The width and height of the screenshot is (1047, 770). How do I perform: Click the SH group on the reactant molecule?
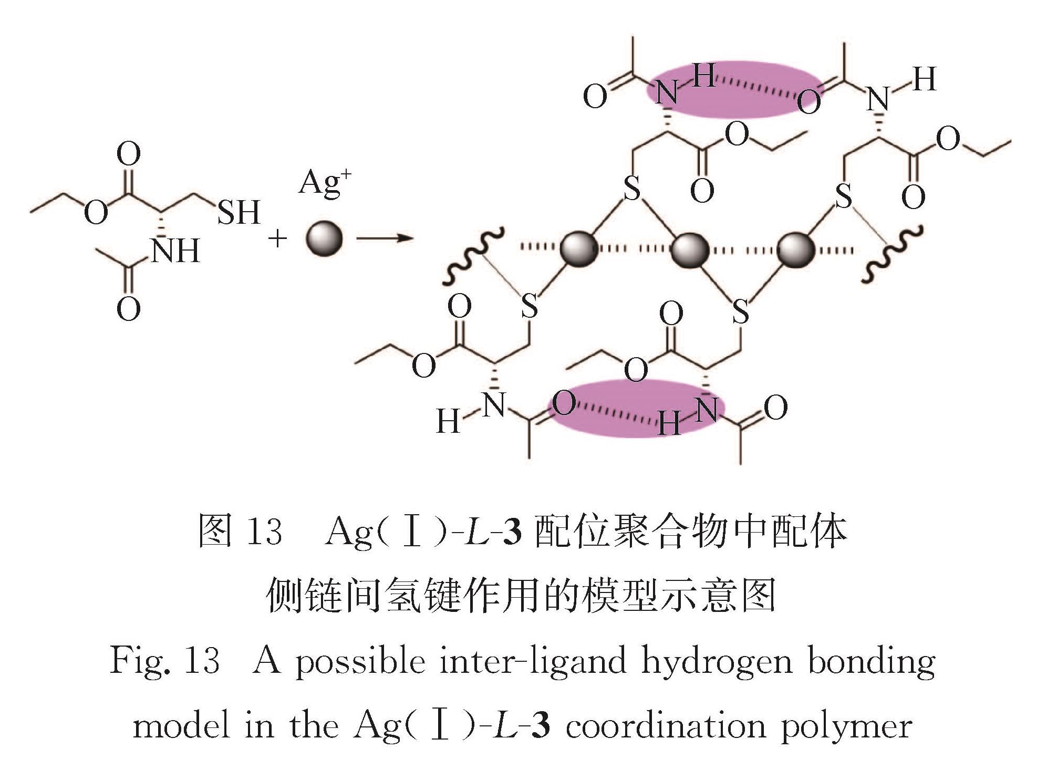[239, 212]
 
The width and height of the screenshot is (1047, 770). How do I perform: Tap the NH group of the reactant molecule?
[175, 251]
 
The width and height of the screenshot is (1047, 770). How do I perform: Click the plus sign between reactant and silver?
[277, 239]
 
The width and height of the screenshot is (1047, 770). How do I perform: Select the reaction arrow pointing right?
[385, 238]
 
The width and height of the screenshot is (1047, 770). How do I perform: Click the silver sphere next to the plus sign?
[324, 238]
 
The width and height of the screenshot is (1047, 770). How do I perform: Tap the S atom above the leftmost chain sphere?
[631, 188]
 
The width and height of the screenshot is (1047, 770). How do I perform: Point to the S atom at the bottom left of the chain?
[530, 306]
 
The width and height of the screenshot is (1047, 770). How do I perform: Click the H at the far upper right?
[924, 80]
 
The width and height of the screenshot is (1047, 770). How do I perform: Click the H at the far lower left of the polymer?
[448, 421]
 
